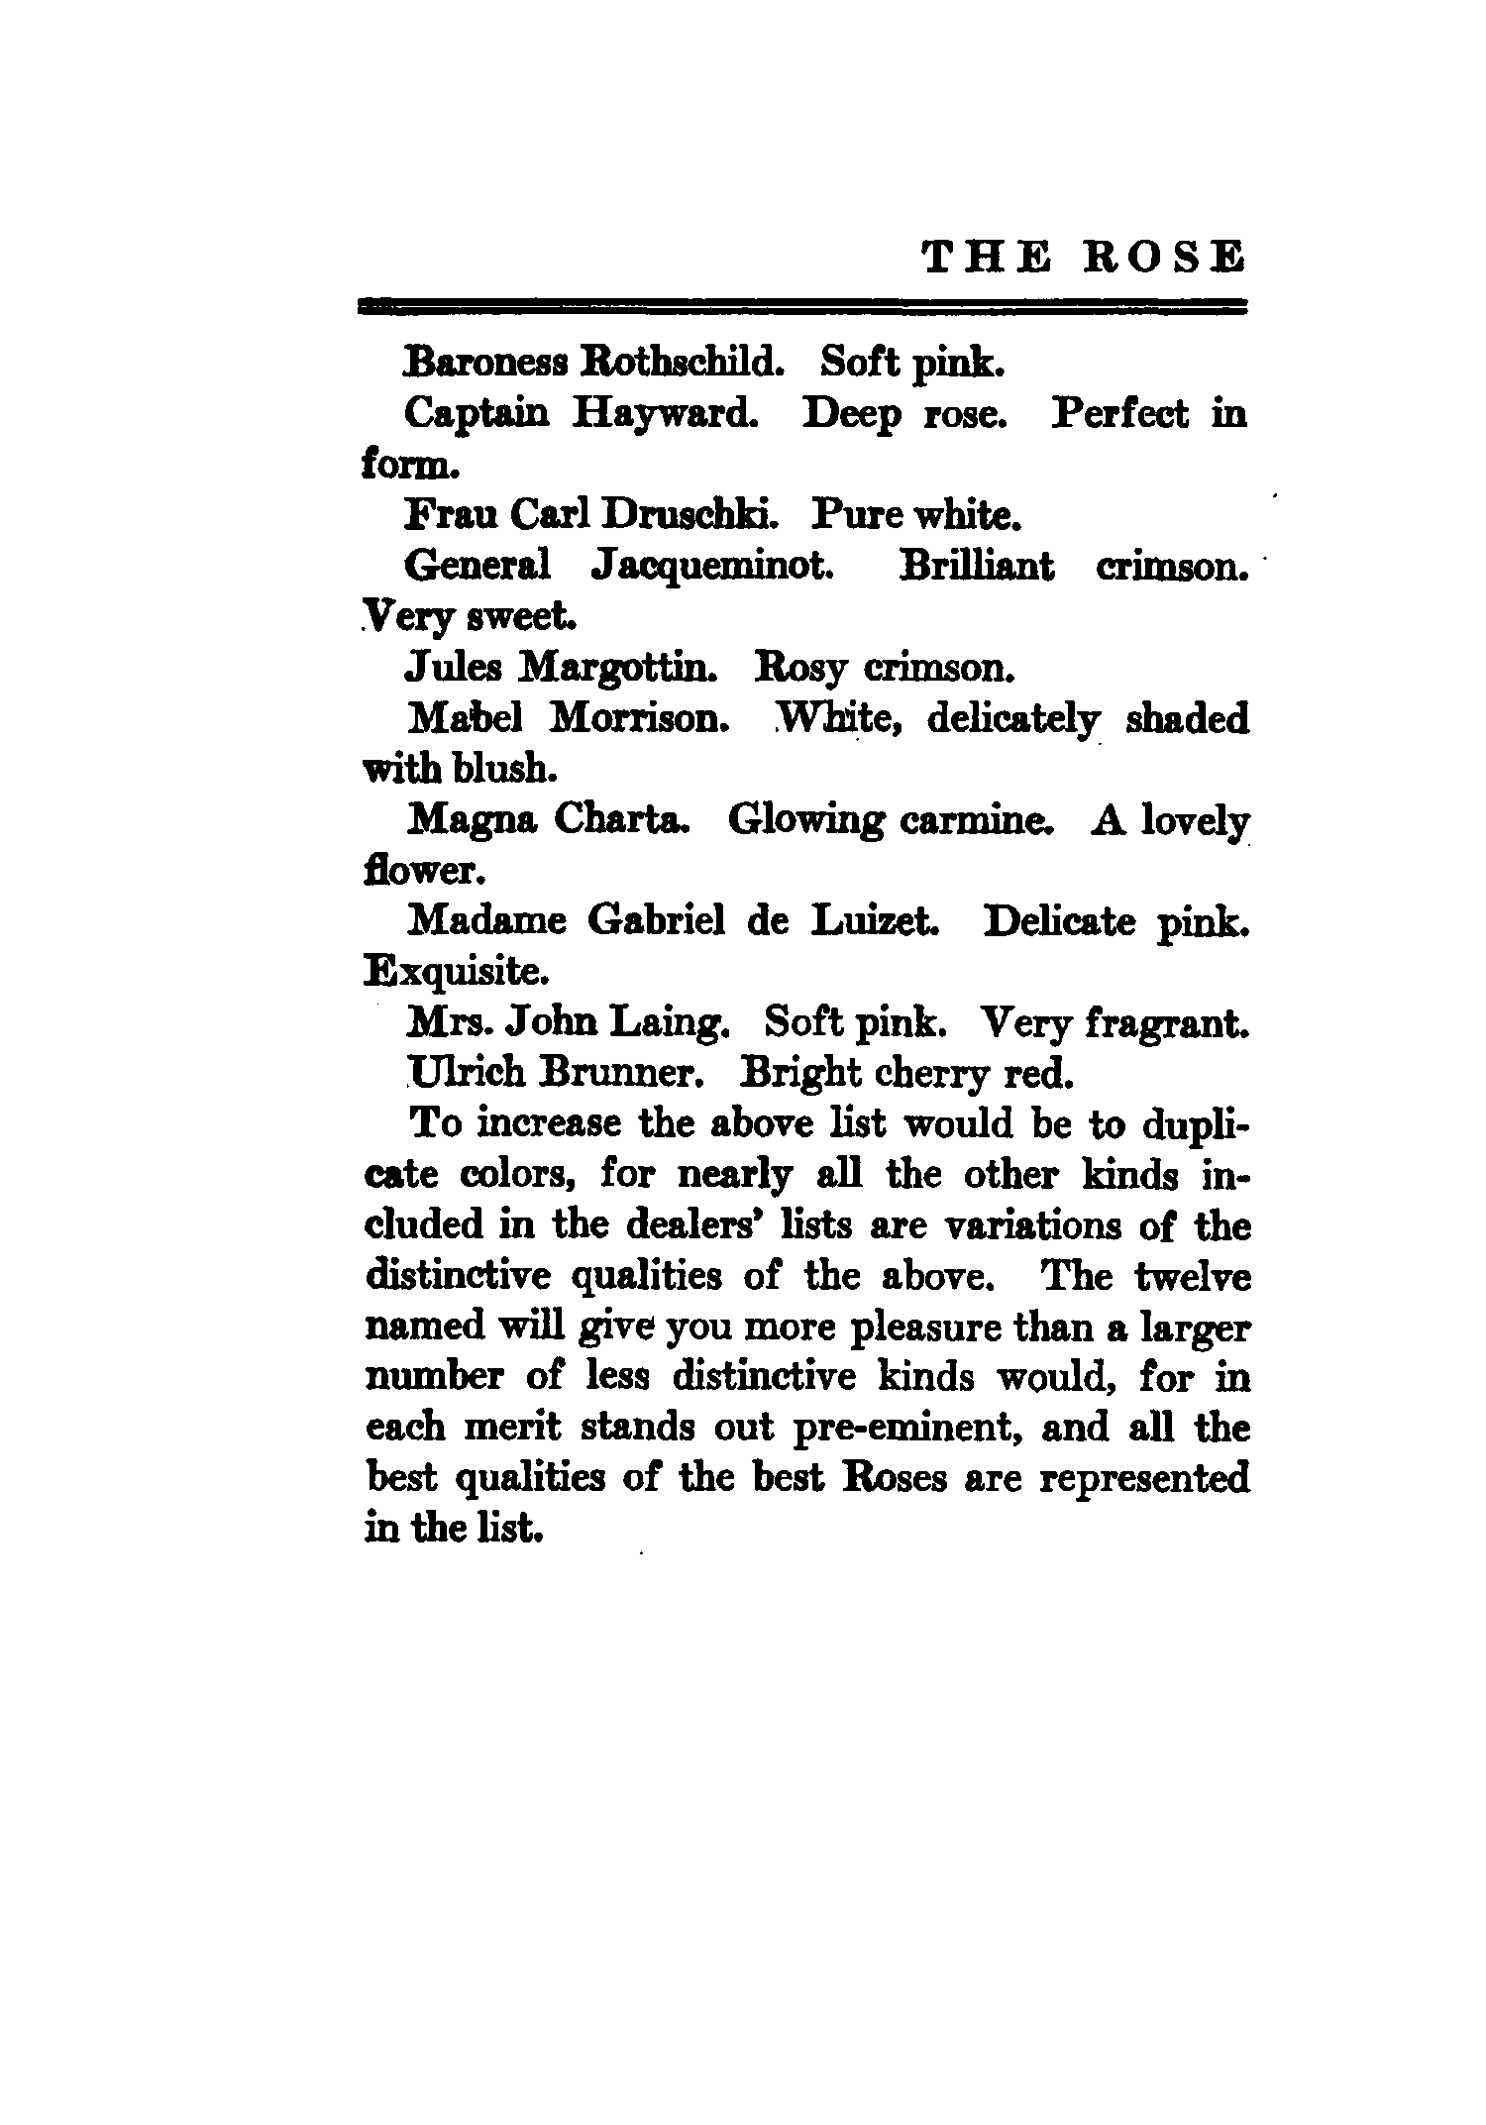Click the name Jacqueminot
pos(710,567)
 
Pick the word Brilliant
pos(977,567)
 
